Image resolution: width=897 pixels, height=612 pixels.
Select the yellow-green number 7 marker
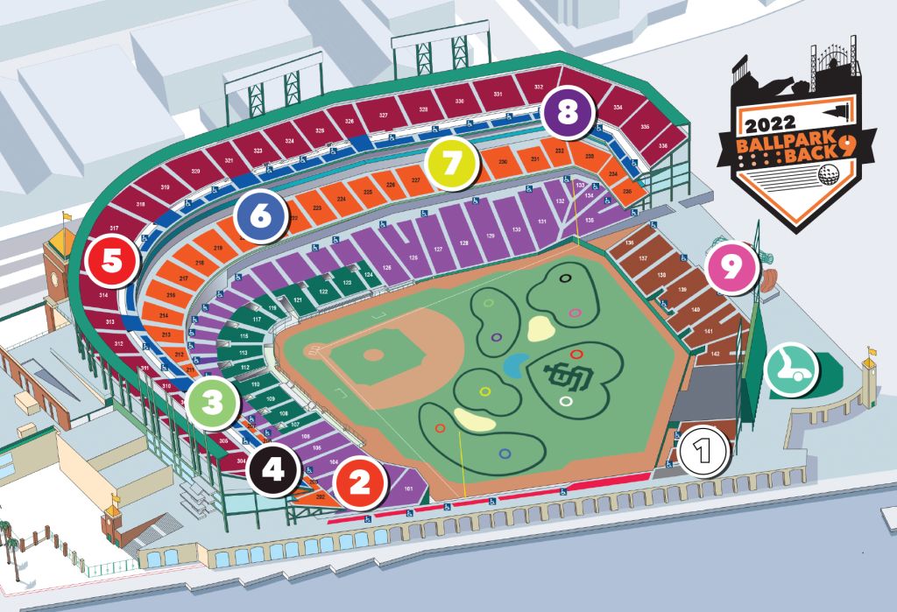click(x=451, y=164)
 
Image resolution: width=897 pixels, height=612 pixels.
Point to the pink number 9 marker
click(x=731, y=267)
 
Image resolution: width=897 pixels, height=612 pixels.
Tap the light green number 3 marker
click(x=213, y=403)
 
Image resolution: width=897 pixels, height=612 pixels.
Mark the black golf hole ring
click(x=566, y=278)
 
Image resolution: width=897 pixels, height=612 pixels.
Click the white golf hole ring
click(x=566, y=402)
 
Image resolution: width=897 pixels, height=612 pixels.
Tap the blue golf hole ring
click(x=505, y=454)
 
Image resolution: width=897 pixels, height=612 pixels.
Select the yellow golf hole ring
click(x=484, y=391)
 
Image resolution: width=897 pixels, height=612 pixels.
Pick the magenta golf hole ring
click(x=575, y=312)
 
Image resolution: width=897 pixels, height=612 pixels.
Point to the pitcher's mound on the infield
click(x=373, y=355)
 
